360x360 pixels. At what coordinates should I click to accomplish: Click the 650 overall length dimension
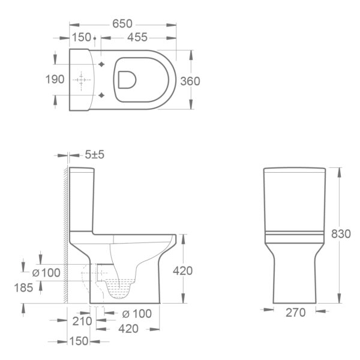(122, 24)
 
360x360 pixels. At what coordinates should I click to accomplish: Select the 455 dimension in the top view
(137, 38)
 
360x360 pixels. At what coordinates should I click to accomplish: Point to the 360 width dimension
(190, 81)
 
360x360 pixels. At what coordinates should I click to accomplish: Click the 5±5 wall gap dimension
(94, 155)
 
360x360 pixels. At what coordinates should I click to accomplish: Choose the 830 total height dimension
(340, 234)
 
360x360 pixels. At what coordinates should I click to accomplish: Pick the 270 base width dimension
(295, 312)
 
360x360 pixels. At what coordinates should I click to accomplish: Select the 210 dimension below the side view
(82, 321)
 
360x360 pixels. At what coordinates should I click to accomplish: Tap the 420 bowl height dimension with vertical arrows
(182, 271)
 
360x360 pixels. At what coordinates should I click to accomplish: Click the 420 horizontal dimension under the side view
(128, 329)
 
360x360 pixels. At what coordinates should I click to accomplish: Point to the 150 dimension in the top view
(81, 38)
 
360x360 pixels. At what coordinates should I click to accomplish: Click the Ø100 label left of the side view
(46, 273)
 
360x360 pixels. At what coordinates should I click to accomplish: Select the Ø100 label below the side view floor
(136, 313)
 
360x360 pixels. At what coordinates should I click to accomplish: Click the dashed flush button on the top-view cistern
(80, 80)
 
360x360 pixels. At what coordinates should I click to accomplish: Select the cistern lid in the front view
(295, 171)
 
